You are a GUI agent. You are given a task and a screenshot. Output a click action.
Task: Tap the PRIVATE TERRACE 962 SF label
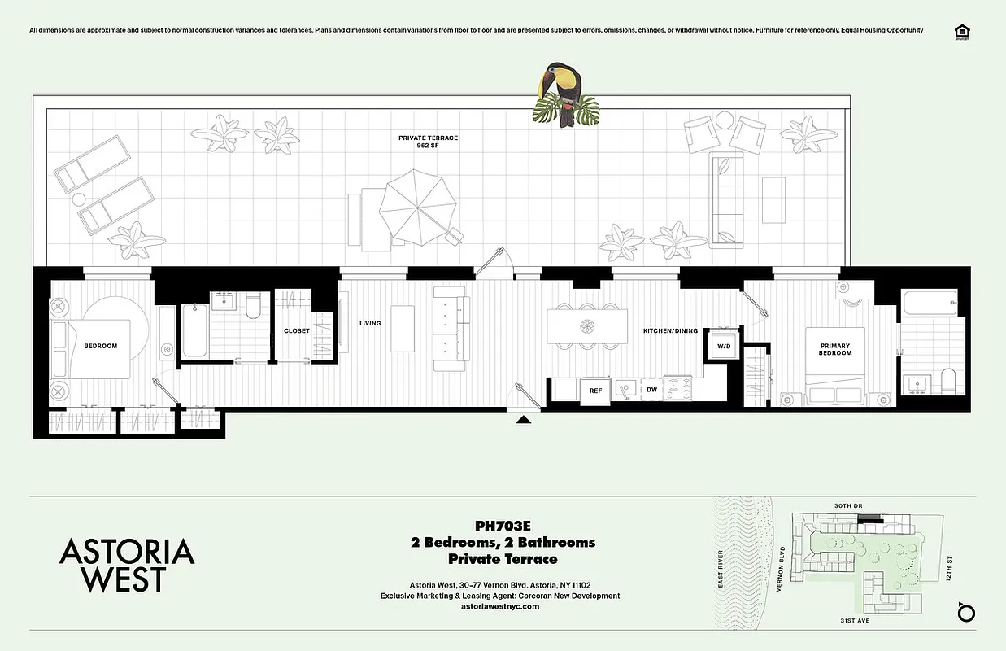click(428, 142)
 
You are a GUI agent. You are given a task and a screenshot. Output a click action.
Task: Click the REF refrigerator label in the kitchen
click(595, 391)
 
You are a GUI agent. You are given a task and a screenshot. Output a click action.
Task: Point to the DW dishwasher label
click(651, 391)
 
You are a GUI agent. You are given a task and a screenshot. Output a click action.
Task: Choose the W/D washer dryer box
click(723, 346)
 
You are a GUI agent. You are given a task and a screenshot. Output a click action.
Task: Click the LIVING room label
click(370, 323)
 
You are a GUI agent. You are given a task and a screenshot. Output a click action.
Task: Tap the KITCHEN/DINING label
click(670, 330)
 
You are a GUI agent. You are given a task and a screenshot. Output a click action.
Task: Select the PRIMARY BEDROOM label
click(835, 349)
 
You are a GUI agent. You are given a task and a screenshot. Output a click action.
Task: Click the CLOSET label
click(296, 331)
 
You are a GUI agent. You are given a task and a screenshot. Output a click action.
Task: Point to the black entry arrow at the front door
click(524, 420)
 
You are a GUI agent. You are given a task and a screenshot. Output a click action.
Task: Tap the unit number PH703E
click(503, 526)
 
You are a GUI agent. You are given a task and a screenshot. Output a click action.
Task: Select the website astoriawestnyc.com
click(500, 606)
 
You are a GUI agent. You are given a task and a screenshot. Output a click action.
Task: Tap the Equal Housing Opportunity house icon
click(963, 32)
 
